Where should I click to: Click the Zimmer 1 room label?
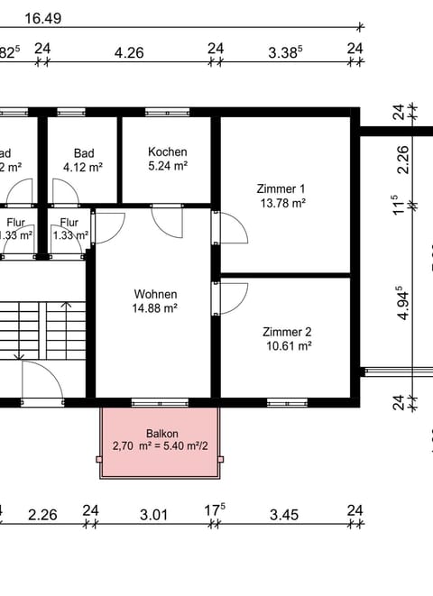[x=281, y=188]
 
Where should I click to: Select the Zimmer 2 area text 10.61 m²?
[x=287, y=345]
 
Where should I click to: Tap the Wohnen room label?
[x=155, y=294]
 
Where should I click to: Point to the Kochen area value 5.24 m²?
[x=167, y=166]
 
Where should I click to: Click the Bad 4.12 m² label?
[x=83, y=167]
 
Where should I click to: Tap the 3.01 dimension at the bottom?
[x=154, y=515]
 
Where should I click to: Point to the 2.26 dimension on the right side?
[x=403, y=160]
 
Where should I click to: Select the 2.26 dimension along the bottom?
[x=42, y=515]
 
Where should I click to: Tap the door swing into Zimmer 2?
[x=234, y=298]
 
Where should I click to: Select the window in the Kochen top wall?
[x=161, y=113]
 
